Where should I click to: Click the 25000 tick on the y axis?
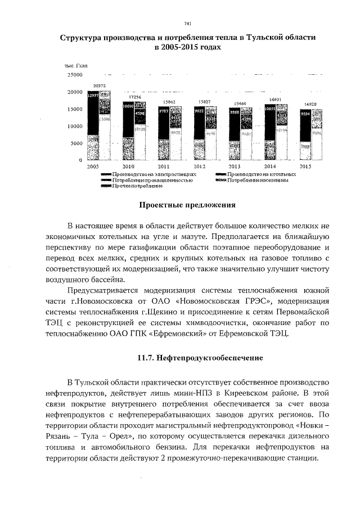coord(75,74)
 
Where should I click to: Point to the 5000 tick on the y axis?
coord(76,143)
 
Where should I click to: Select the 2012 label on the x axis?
coord(199,168)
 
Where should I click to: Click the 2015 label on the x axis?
coord(305,168)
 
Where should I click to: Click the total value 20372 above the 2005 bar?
coord(98,86)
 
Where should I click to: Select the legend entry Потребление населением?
coord(259,181)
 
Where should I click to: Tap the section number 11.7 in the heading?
coord(147,358)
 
